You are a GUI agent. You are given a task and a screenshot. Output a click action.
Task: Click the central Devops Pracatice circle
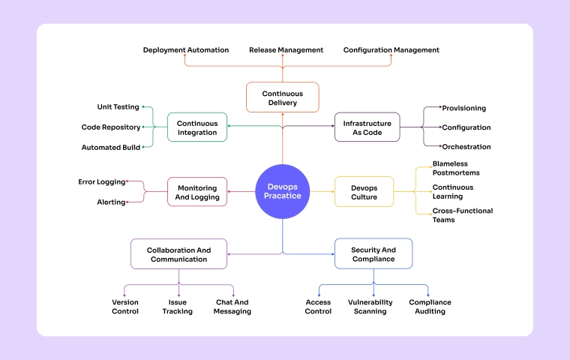tap(283, 191)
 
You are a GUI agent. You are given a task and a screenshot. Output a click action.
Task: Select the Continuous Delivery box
tap(283, 97)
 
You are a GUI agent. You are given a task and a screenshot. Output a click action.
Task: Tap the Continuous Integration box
tap(197, 127)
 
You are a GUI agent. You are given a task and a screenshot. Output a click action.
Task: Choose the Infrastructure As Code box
tap(367, 127)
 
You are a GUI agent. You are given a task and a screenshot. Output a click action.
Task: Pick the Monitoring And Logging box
tap(197, 192)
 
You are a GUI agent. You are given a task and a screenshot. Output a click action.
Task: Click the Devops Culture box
tap(364, 192)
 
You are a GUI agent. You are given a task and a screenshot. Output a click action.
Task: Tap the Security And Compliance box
tap(373, 254)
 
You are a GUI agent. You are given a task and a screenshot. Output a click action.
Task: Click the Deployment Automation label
tap(186, 50)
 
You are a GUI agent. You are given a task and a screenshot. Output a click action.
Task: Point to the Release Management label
tap(286, 50)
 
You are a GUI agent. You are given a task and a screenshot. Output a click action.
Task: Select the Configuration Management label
tap(391, 50)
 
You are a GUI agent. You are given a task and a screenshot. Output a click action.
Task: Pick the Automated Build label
tap(111, 147)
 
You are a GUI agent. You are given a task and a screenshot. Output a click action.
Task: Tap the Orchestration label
tap(466, 147)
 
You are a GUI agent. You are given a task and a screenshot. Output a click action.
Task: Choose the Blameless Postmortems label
tap(456, 168)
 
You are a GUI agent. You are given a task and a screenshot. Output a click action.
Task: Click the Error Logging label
tap(101, 182)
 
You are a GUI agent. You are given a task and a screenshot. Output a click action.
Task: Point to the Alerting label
tap(111, 202)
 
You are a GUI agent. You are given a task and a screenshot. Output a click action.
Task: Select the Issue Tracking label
tap(178, 307)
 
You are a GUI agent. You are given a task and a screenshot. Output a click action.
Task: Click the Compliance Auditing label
tap(430, 307)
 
